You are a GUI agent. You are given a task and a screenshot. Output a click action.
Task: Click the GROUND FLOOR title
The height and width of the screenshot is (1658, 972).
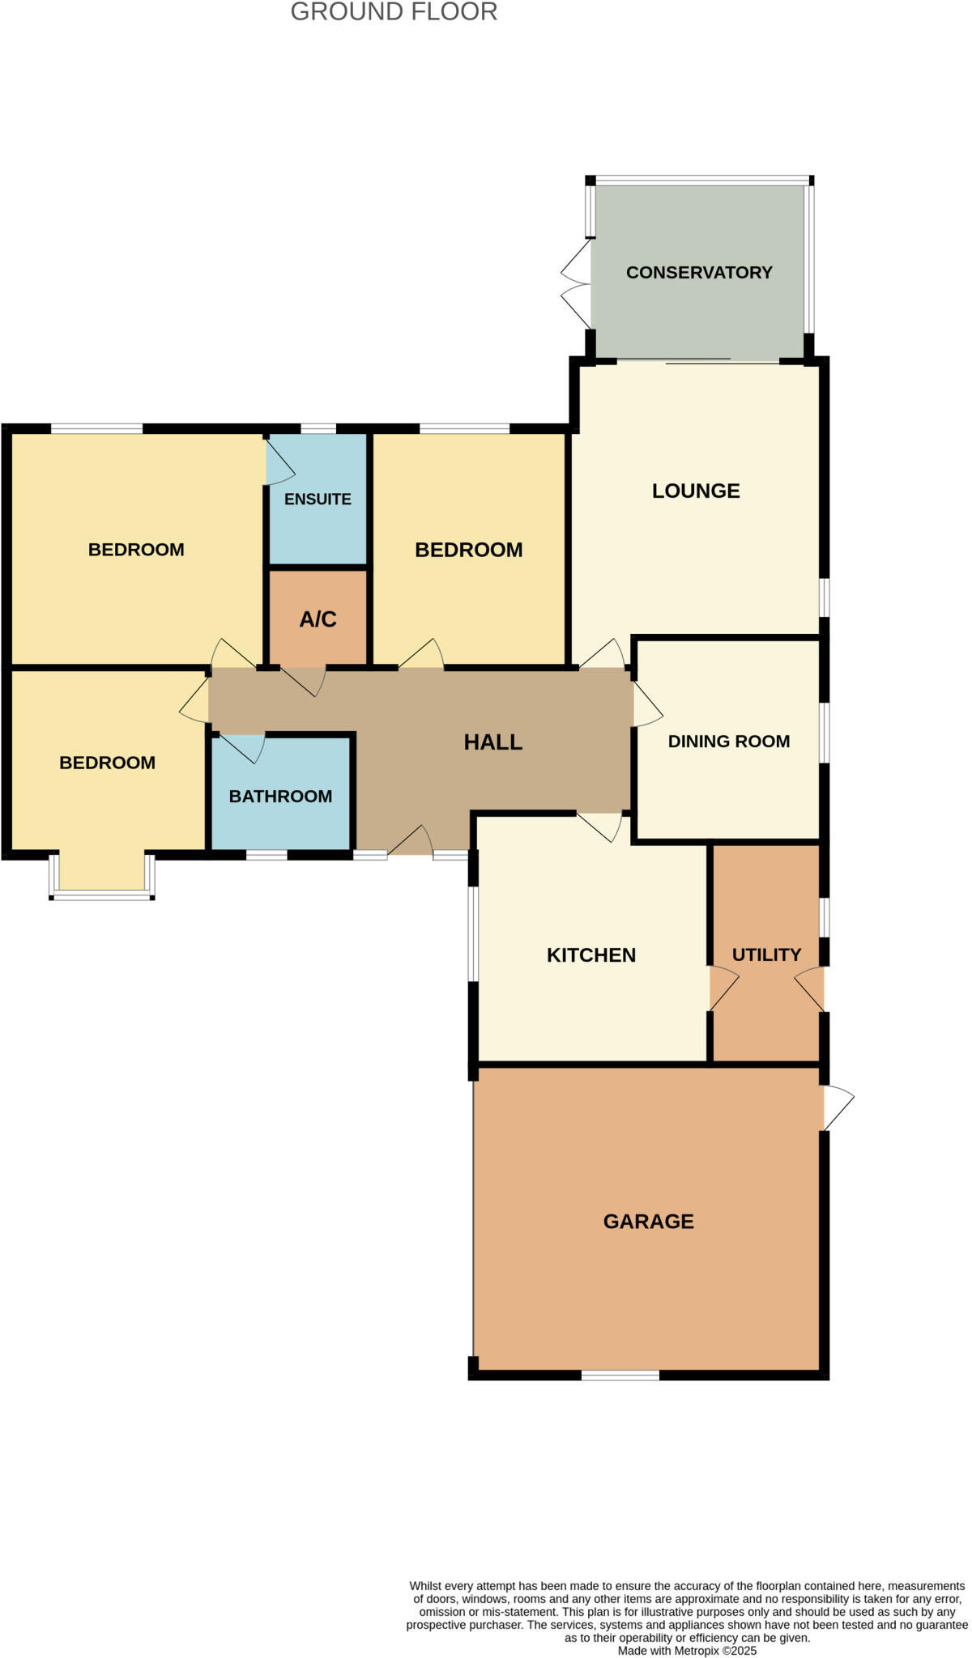coord(394,12)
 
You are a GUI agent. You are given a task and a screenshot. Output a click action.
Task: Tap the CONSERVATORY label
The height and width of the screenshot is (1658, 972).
coord(699,273)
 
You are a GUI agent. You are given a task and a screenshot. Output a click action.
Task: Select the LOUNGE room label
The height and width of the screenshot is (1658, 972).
coord(696,491)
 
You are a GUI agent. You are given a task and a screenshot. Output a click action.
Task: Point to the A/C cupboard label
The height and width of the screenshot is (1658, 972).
coord(318,619)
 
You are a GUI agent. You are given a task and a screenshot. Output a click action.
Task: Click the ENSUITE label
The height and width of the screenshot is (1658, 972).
coord(318,500)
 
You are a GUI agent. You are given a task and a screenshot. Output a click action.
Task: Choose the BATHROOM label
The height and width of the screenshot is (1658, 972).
coord(280,797)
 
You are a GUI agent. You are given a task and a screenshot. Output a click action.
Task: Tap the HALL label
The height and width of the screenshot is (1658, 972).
coord(492,742)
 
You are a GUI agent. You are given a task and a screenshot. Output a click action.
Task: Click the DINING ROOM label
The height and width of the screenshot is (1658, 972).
coord(728,742)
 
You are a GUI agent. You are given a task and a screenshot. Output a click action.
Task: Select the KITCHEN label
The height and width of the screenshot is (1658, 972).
coord(591,955)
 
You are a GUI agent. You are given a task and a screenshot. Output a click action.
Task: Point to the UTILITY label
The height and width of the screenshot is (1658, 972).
coord(766,955)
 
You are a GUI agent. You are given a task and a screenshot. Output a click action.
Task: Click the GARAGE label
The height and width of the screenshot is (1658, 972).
coord(648,1222)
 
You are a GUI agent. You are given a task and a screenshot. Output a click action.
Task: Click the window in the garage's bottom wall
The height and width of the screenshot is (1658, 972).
coord(620,1375)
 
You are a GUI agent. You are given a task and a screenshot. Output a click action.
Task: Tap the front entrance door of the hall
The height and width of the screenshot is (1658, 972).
coord(411,842)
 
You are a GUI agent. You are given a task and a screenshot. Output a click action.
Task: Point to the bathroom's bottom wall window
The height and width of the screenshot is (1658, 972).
coord(266,855)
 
